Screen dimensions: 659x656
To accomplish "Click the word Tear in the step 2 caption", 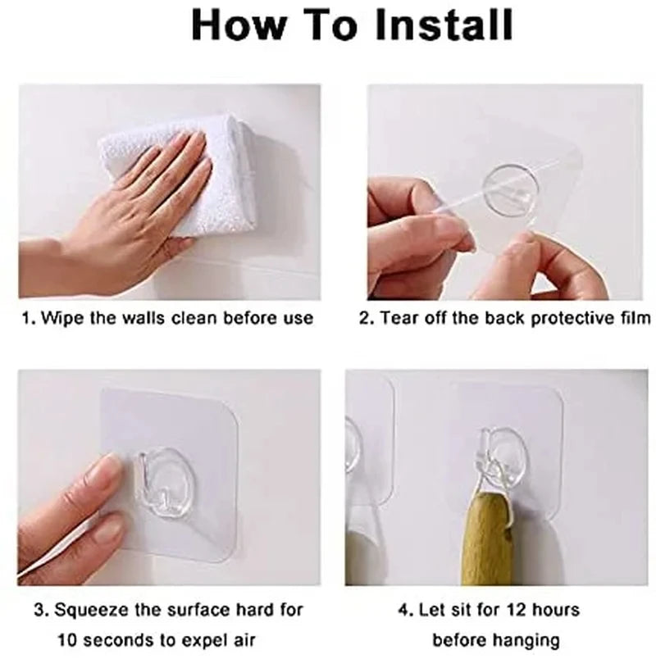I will coord(399,317).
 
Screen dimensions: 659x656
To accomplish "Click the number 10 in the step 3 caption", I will coord(66,640).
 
